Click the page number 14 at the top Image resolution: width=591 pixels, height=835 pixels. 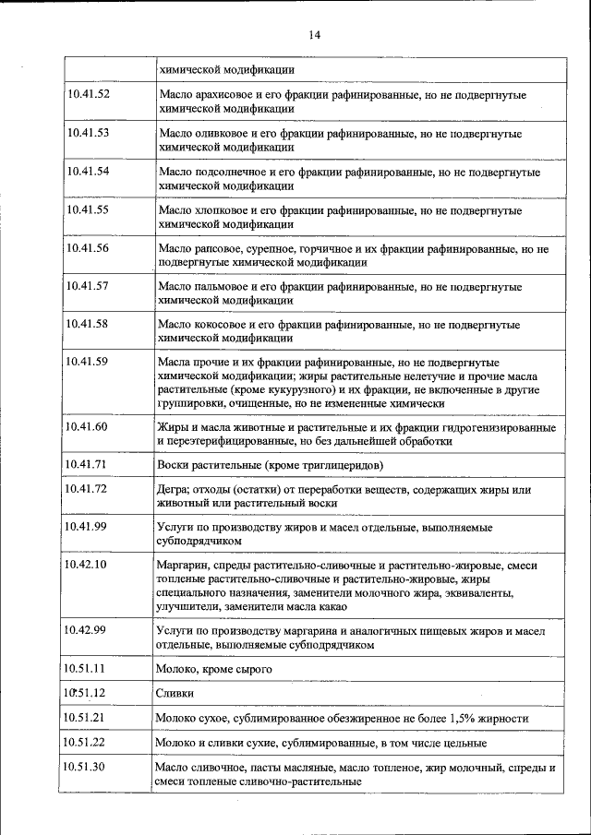[313, 35]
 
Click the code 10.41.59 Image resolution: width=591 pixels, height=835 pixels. [89, 363]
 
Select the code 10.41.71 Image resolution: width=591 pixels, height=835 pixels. [89, 463]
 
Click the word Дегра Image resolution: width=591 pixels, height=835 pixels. [174, 489]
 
